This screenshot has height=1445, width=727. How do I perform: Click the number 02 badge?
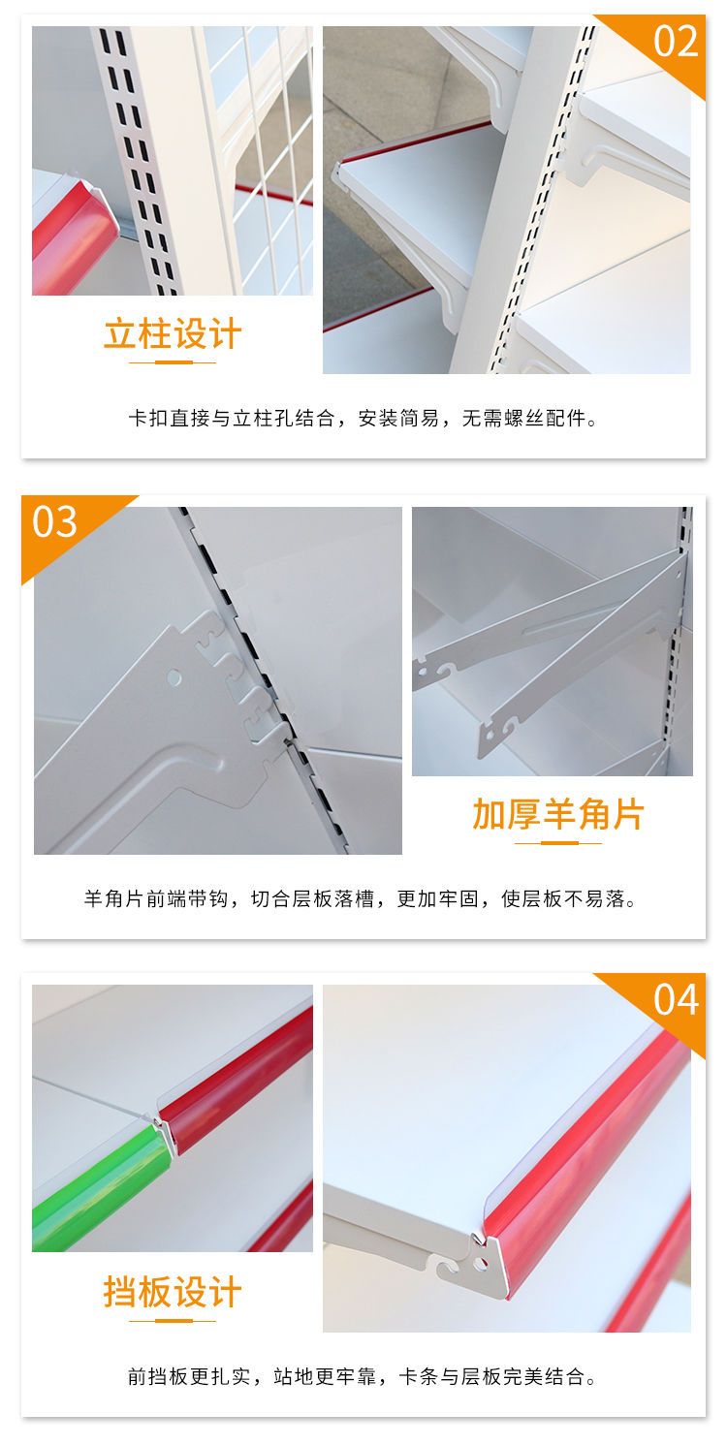point(676,42)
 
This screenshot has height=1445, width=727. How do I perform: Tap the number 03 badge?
point(55,521)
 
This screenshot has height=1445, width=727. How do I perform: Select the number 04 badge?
point(676,1000)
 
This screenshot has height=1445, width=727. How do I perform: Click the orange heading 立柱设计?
point(173,333)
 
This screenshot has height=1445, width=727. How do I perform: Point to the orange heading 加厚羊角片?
point(558,813)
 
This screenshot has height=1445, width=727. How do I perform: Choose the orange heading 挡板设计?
point(173,1292)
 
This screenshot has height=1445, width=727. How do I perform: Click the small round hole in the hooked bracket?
point(174,677)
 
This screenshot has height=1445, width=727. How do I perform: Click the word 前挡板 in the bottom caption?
point(158,1376)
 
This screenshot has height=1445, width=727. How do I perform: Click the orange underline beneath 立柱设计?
point(173,362)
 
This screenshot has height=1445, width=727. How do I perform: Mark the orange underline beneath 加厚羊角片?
point(558,842)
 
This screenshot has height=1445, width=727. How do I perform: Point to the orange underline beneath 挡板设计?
point(173,1321)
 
